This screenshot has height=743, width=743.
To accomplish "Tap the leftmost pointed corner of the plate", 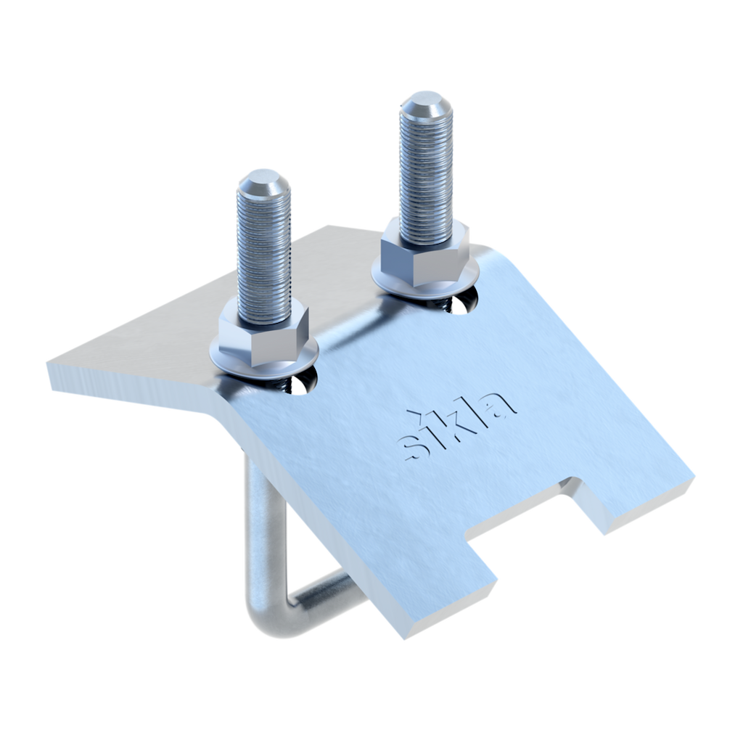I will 48,369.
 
